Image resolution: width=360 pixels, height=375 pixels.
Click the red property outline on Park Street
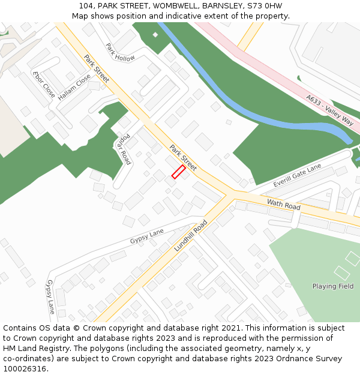click(179, 172)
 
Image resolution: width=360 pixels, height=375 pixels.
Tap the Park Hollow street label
click(120, 52)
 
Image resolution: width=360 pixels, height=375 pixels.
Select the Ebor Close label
click(44, 85)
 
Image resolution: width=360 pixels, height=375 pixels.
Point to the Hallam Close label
click(74, 86)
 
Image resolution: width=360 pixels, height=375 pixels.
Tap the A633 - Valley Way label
click(329, 110)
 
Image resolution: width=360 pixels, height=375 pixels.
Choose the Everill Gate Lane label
click(298, 175)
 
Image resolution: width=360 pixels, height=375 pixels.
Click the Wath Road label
click(283, 205)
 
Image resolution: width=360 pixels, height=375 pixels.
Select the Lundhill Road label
click(191, 235)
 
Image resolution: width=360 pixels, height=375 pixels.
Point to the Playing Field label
click(333, 286)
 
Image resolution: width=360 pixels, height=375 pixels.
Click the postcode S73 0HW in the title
click(265, 5)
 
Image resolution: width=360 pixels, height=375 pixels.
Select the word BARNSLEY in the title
click(222, 5)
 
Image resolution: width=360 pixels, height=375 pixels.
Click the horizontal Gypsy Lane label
click(147, 236)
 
